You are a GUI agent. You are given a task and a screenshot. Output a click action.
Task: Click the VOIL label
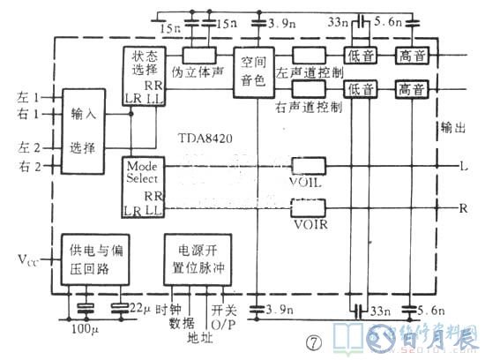coord(305,183)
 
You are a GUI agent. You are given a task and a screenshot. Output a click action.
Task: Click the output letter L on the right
coord(464,166)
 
